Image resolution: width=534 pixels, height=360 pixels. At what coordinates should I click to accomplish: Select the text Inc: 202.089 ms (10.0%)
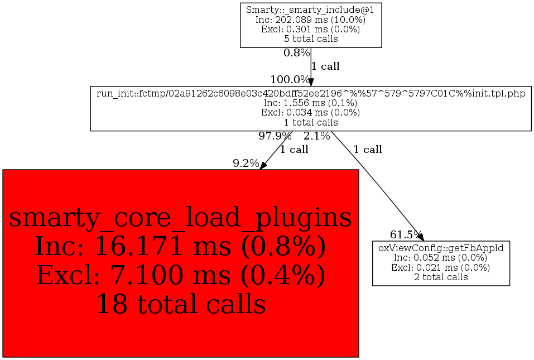click(311, 20)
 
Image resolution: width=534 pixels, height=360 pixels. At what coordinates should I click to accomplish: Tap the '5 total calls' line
click(311, 39)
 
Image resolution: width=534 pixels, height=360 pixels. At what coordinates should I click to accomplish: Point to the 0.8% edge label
click(296, 53)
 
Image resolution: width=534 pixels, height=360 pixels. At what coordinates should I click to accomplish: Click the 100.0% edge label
click(290, 79)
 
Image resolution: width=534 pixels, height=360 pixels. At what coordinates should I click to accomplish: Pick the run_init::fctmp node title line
click(311, 93)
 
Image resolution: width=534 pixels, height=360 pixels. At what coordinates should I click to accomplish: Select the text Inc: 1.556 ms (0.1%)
click(311, 103)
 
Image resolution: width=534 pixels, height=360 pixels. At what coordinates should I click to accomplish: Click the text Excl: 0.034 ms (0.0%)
click(311, 113)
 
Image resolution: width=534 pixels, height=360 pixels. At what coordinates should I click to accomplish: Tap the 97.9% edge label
click(275, 136)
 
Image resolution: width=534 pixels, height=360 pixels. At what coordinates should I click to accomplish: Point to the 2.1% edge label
click(316, 136)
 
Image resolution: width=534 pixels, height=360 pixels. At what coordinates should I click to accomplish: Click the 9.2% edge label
click(246, 164)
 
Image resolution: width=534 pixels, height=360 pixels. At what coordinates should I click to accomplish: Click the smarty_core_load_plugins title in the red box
click(180, 218)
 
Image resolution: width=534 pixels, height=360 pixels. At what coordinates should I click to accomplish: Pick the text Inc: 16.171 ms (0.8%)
click(180, 246)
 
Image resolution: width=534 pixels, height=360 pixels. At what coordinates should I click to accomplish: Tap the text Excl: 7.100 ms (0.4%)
click(180, 275)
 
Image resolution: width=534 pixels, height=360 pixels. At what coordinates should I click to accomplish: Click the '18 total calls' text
click(180, 304)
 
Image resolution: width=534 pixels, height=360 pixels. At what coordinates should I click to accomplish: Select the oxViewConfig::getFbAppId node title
click(441, 248)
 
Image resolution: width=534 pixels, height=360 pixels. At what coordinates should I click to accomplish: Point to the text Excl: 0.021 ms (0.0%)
click(441, 267)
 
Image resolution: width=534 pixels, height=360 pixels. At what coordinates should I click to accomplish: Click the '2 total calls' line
click(441, 277)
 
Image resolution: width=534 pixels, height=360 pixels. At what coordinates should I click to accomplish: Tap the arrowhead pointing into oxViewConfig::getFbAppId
click(421, 237)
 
